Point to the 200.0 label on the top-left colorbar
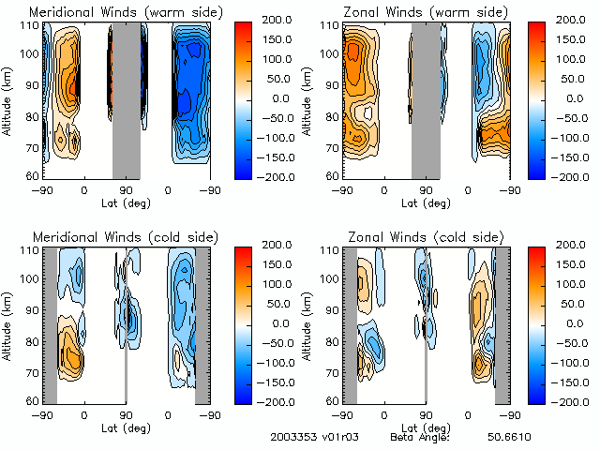(x=281, y=19)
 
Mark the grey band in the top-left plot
(x=126, y=98)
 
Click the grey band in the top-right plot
(x=426, y=98)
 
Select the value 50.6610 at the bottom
(x=510, y=438)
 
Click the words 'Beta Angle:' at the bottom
(x=421, y=438)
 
